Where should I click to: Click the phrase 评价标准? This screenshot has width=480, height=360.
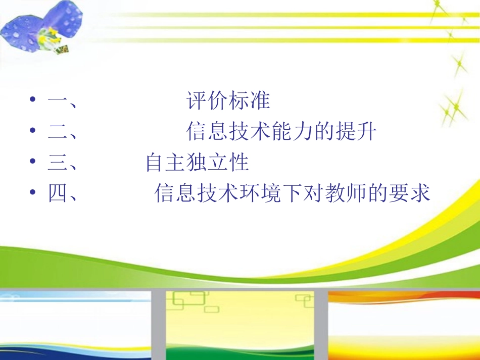(228, 101)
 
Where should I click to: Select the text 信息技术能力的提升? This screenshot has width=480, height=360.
(281, 132)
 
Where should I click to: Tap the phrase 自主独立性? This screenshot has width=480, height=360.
(197, 163)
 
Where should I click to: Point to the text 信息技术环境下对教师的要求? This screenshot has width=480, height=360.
(292, 193)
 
